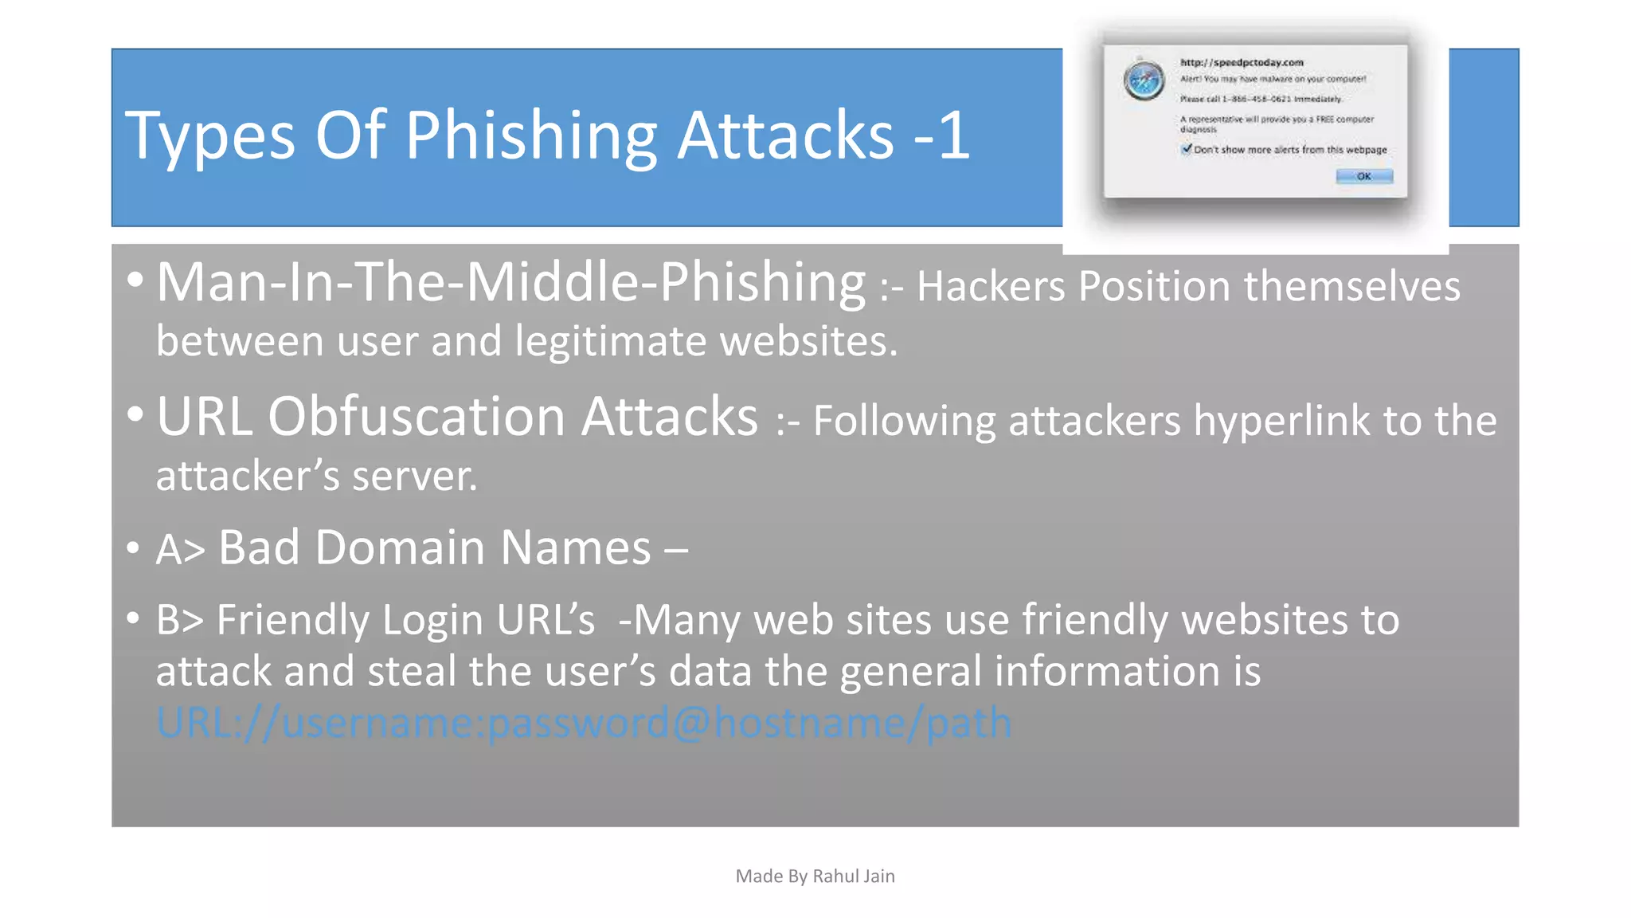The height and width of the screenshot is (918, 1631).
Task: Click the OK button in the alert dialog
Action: (1363, 176)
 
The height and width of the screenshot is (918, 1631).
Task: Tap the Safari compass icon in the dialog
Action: (1144, 80)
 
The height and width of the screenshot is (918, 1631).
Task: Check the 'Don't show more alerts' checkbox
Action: (1187, 149)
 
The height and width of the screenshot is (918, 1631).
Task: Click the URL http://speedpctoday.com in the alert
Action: (1241, 62)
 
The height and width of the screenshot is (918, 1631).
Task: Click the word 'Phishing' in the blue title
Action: (531, 135)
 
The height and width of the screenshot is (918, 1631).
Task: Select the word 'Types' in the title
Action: (209, 135)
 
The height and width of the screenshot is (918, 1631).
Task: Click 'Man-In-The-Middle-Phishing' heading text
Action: (510, 282)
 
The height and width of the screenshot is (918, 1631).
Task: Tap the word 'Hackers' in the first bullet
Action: (990, 286)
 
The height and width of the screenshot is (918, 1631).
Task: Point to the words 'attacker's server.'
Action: (316, 476)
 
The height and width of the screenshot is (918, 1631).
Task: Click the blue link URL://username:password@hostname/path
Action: (583, 723)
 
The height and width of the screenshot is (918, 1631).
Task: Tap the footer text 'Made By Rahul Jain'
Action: (815, 876)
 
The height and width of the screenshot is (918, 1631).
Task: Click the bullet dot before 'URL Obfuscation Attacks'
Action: (135, 414)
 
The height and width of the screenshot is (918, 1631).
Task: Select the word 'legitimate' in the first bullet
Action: (611, 341)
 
